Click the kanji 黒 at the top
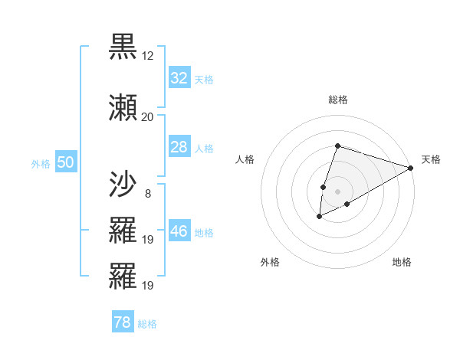point(123,47)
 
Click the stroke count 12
point(147,56)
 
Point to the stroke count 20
point(147,116)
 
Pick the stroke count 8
point(147,193)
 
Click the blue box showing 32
point(179,78)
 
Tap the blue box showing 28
point(179,147)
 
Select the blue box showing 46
point(179,231)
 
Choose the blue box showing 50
point(65,162)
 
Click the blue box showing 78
point(123,323)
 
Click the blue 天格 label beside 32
point(204,79)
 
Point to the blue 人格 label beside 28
point(204,148)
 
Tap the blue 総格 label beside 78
point(147,324)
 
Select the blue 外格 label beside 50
point(41,163)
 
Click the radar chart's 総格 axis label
point(338,100)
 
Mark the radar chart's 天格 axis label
point(431,159)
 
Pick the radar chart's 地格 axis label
point(402,262)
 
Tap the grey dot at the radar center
point(337,191)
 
